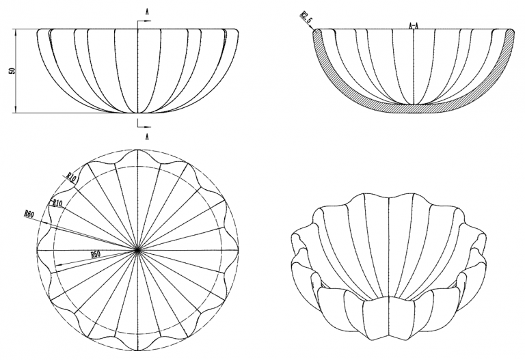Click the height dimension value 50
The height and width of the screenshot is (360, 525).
pos(12,71)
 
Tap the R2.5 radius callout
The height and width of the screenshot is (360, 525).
pos(306,16)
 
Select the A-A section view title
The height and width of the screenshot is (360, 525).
pos(414,25)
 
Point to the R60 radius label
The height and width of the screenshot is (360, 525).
pos(29,213)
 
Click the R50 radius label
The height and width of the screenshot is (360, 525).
pos(96,254)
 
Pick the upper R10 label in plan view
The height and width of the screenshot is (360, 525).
pos(71,177)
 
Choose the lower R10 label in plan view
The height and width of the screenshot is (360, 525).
pos(57,203)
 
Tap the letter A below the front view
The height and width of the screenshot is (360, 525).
pos(147,137)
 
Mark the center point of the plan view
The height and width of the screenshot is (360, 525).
pos(137,250)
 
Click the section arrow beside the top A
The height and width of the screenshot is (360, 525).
pos(147,21)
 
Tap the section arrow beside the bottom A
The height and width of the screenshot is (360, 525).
pos(147,127)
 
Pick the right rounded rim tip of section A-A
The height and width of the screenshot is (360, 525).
pos(510,32)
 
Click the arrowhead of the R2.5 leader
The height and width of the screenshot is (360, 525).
pos(314,31)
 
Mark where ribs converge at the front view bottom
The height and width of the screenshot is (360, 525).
pos(137,113)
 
